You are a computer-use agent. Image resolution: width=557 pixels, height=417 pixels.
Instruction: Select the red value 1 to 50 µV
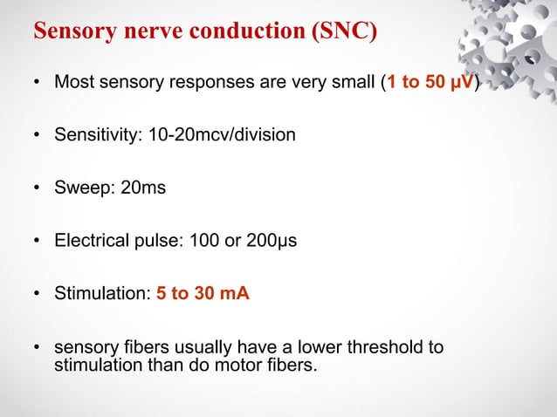(431, 84)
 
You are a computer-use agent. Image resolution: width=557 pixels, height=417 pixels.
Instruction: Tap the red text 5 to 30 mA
(203, 294)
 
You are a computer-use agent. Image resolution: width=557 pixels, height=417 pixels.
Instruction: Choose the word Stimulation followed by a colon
(102, 294)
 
